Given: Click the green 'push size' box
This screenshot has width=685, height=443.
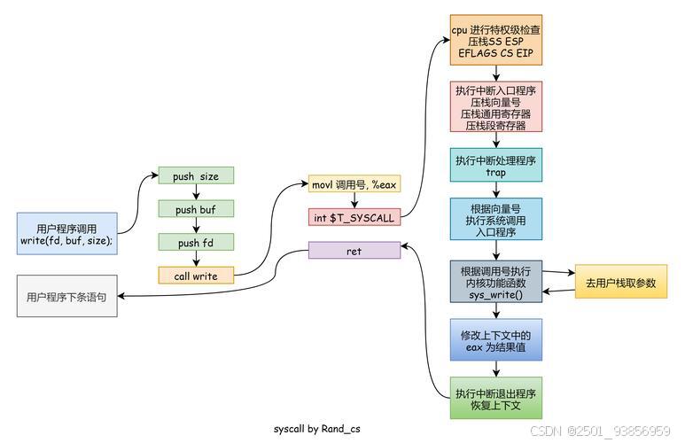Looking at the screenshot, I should [196, 175].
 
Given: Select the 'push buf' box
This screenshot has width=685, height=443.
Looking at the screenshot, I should [196, 209].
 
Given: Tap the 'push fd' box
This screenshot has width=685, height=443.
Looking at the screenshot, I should [196, 242].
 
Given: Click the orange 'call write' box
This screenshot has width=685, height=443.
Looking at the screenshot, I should [196, 276].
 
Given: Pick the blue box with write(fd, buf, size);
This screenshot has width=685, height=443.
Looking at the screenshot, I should [66, 233].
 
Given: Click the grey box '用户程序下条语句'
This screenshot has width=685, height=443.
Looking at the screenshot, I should [66, 297].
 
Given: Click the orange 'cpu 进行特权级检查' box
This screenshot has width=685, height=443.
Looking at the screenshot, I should [495, 41].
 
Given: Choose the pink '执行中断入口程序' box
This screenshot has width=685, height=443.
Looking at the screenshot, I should [495, 107].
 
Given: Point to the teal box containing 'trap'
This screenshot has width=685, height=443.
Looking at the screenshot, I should [495, 166].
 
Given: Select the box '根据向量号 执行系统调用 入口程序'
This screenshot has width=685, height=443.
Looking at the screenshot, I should [495, 221].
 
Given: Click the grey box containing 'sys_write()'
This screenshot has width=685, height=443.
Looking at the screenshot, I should [495, 283].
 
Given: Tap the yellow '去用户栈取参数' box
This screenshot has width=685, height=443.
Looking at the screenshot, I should [620, 283].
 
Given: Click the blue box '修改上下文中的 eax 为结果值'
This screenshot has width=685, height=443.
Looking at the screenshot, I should [495, 341].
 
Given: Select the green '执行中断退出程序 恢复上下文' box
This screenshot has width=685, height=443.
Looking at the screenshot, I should [495, 399].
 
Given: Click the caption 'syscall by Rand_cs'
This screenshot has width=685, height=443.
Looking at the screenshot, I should [316, 429].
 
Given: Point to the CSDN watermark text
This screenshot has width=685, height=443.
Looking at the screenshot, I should [600, 431].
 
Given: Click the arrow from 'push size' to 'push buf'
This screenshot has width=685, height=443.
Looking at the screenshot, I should [196, 192].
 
